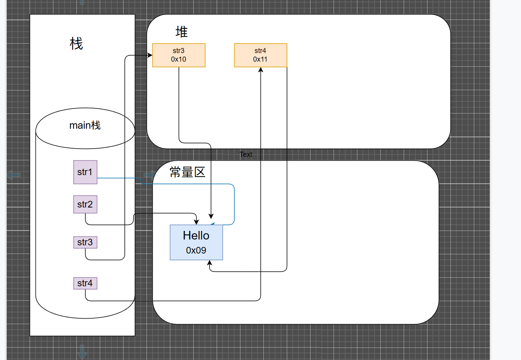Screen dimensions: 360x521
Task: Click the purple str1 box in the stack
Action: coord(85,172)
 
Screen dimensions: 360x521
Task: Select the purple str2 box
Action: coord(85,204)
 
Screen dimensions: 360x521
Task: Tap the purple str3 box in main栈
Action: coord(85,242)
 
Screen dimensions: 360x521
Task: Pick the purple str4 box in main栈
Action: coord(85,283)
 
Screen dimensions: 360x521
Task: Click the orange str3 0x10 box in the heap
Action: coord(178,55)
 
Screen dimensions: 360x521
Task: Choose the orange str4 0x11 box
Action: coord(260,55)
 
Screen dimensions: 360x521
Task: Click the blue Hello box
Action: coord(196,242)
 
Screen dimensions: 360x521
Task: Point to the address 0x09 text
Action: coord(196,250)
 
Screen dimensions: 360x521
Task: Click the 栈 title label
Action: coord(76,43)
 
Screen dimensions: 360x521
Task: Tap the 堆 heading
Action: coord(182,32)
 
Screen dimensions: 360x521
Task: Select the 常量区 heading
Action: coord(187,172)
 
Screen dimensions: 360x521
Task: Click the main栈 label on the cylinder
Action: coord(85,125)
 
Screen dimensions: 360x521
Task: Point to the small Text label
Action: coord(246,154)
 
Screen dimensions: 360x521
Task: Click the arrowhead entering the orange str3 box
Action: coord(150,55)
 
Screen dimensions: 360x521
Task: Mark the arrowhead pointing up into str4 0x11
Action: coord(260,70)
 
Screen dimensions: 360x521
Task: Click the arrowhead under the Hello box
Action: coord(210,263)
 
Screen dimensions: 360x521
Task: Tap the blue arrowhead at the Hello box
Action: coord(212,224)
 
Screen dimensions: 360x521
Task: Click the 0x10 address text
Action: coord(178,59)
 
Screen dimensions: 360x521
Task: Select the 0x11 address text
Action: coord(260,59)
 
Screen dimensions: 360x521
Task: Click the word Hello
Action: coord(196,236)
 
